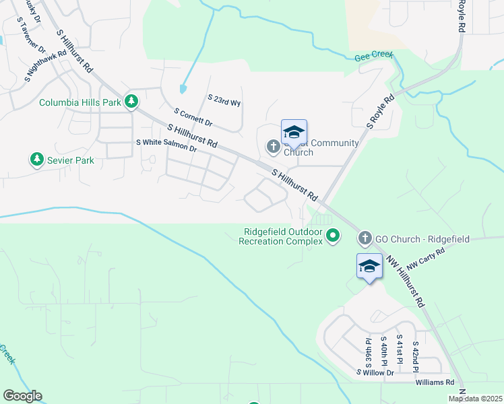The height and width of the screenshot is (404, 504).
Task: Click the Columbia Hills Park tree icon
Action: [132, 102]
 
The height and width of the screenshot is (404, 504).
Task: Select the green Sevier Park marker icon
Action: [36, 160]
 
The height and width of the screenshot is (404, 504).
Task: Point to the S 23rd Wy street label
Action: [224, 99]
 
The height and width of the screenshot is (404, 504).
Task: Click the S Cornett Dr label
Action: [193, 118]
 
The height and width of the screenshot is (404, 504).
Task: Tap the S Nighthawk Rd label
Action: [46, 65]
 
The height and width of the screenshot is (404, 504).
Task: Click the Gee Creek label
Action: [374, 57]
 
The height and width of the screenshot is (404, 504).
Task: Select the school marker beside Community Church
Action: [294, 133]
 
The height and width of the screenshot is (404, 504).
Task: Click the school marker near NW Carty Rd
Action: [369, 267]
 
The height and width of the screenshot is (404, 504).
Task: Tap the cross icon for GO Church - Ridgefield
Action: [365, 238]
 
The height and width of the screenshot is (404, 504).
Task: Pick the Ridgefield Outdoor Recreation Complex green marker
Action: [332, 236]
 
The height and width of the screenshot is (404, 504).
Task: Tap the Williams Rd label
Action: [435, 382]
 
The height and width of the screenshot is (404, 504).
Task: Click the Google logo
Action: [22, 396]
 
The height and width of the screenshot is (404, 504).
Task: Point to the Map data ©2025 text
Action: [476, 399]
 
